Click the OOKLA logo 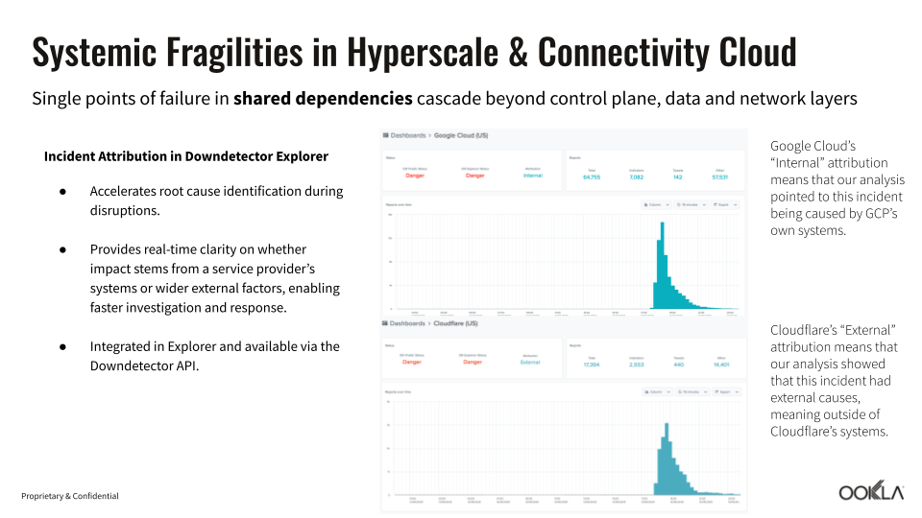[x=871, y=492]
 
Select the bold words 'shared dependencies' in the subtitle [x=324, y=99]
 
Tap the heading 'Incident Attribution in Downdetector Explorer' [x=186, y=156]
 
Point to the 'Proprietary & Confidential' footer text [x=70, y=496]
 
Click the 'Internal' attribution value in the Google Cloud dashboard [x=532, y=177]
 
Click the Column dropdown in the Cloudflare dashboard [x=657, y=391]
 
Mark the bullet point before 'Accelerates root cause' [x=62, y=191]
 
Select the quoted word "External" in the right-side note [x=864, y=330]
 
